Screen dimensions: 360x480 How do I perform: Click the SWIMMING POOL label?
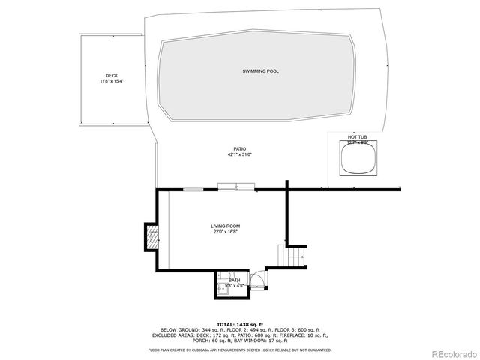260,70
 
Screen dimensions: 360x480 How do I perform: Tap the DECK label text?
111,76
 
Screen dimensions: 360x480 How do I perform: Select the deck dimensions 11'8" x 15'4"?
111,81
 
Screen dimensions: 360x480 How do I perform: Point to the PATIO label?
239,149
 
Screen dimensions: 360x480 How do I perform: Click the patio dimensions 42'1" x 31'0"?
239,155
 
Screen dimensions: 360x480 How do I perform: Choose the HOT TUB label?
356,137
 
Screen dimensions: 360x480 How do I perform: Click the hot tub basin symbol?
356,160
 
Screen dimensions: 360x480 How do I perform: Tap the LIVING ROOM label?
226,226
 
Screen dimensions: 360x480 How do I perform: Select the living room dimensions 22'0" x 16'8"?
226,232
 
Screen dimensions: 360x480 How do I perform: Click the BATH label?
235,280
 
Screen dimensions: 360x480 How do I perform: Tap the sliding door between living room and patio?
236,187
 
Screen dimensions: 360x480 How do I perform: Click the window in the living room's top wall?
193,190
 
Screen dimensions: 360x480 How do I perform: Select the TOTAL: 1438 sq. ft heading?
239,323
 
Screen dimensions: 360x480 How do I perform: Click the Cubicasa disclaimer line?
239,349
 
